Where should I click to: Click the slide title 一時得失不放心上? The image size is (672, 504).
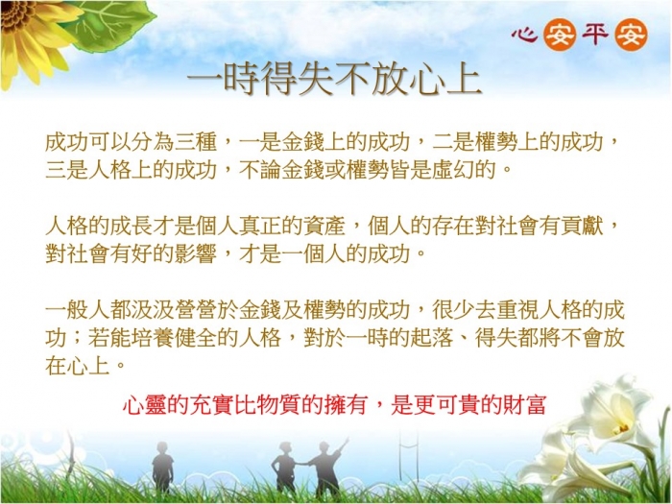click(x=335, y=80)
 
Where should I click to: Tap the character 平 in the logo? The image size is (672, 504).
click(x=595, y=34)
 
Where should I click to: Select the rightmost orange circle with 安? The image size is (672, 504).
click(x=631, y=35)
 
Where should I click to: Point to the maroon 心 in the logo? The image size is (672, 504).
click(x=524, y=35)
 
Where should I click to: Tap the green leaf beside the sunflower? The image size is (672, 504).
click(x=112, y=24)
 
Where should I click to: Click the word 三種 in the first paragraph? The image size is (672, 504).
click(x=196, y=142)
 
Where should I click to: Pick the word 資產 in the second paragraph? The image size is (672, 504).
click(x=324, y=226)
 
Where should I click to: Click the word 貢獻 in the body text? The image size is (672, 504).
click(x=582, y=226)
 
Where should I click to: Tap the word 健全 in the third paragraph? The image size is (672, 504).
click(x=196, y=338)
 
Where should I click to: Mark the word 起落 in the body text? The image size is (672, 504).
click(x=432, y=338)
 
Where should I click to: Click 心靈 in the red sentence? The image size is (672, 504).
click(x=144, y=404)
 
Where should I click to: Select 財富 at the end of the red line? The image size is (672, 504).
click(x=525, y=404)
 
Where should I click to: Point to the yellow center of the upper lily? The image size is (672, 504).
click(x=622, y=427)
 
